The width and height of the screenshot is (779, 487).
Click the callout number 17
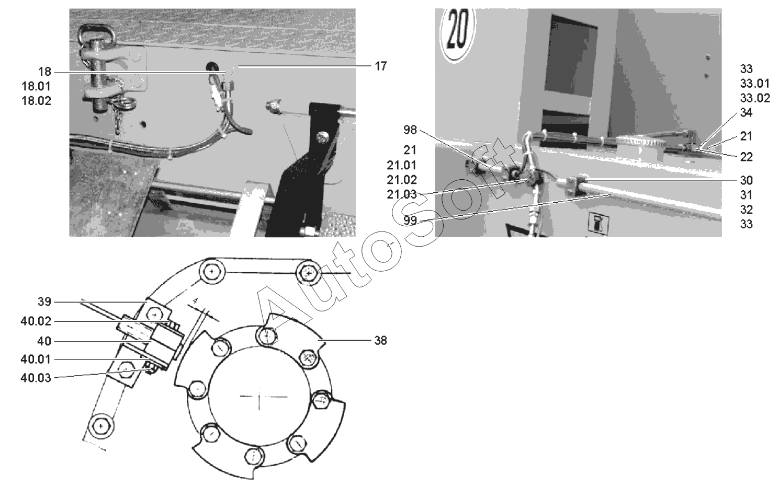[380, 66]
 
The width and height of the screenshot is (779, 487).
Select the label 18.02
[36, 101]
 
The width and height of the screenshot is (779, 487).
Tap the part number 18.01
[36, 86]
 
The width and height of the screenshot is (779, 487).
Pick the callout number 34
[747, 113]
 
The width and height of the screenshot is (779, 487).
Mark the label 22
[747, 157]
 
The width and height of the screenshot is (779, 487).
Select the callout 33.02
[755, 98]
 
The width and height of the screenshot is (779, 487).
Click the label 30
[747, 180]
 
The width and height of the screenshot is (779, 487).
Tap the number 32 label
[747, 210]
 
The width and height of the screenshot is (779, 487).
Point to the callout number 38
[380, 341]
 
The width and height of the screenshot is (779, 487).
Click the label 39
[44, 302]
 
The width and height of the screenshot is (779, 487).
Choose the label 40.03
[36, 377]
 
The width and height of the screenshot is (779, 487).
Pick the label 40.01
[36, 360]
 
